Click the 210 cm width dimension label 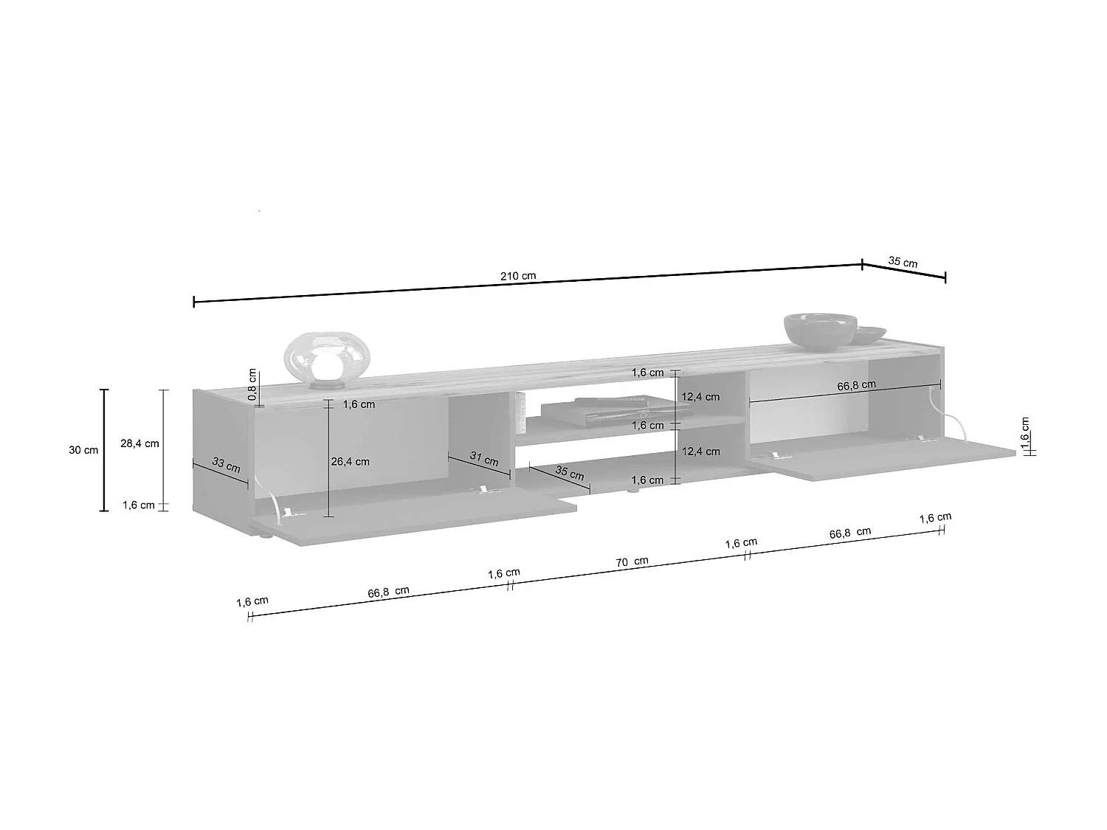click(518, 276)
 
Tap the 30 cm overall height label click(83, 450)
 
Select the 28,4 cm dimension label click(139, 443)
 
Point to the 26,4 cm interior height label click(350, 461)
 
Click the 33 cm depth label click(226, 465)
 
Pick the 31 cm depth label click(484, 458)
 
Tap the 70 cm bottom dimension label click(632, 561)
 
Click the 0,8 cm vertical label click(252, 384)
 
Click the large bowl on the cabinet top click(820, 331)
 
